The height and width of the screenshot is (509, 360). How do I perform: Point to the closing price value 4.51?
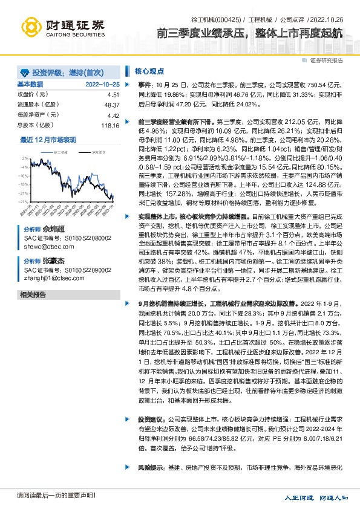[113, 95]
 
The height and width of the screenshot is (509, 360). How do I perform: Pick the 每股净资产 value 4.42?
[113, 115]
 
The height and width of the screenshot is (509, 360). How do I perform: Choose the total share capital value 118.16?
[110, 125]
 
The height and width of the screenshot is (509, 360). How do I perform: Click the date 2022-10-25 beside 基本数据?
[103, 84]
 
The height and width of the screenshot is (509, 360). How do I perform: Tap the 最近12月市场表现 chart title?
[48, 139]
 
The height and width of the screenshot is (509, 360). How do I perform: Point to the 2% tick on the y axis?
[25, 158]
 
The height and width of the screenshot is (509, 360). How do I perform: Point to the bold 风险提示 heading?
[151, 467]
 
